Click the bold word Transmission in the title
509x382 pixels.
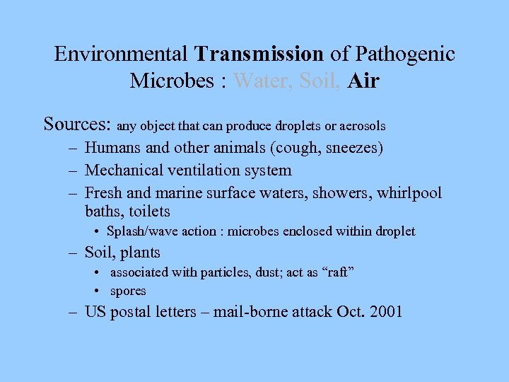[259, 54]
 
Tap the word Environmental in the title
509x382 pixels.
[121, 54]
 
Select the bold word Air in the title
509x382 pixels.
[364, 81]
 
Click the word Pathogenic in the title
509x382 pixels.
[406, 54]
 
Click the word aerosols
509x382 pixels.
[362, 127]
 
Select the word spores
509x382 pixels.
[128, 291]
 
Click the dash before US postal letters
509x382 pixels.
[73, 311]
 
